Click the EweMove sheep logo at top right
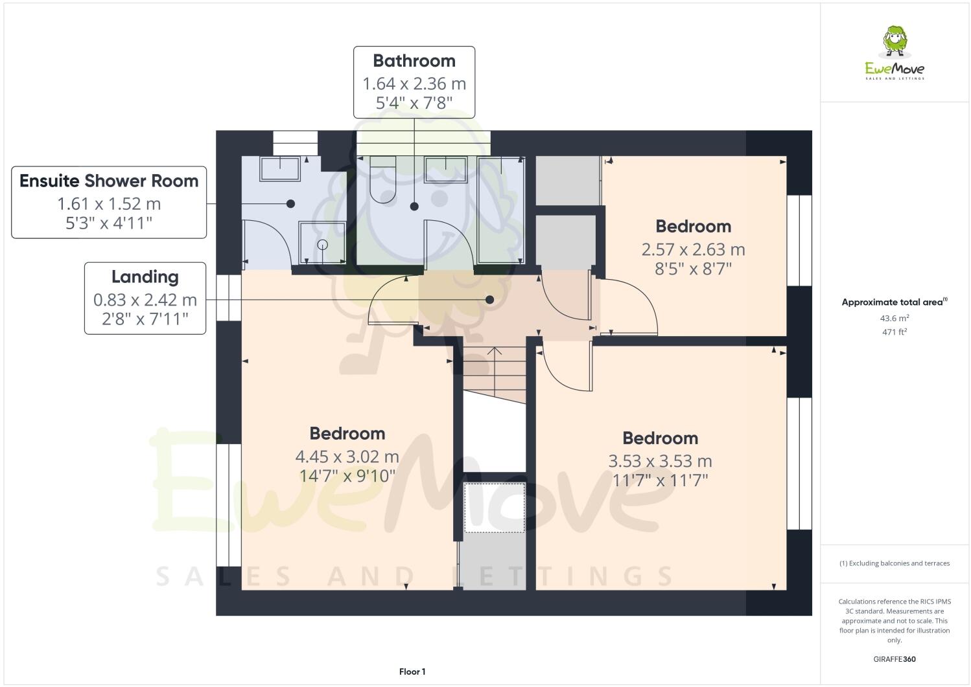click(x=895, y=42)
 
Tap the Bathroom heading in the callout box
click(x=414, y=61)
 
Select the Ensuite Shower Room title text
click(x=109, y=181)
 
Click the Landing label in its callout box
click(x=145, y=276)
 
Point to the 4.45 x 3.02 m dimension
click(x=347, y=456)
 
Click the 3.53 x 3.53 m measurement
click(x=660, y=461)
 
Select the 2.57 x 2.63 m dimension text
click(x=693, y=249)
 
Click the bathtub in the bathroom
click(x=500, y=210)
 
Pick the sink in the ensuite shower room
click(x=280, y=169)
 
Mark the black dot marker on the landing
click(x=490, y=300)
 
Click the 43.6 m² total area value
click(x=894, y=318)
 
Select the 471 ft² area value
click(x=894, y=332)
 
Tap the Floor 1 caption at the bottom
click(x=412, y=671)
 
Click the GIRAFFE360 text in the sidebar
click(x=894, y=659)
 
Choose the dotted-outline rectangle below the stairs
click(x=495, y=508)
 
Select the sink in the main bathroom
click(x=445, y=170)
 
